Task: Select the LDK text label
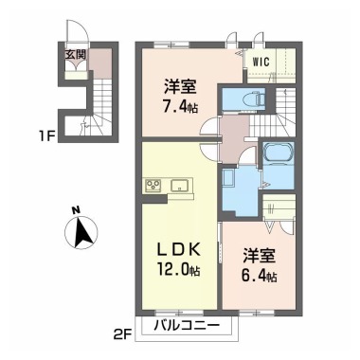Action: coord(178,251)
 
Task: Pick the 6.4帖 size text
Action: coord(256,277)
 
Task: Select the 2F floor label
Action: coord(124,333)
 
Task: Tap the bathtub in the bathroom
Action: coord(279,154)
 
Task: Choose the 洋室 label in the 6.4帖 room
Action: coord(255,256)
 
